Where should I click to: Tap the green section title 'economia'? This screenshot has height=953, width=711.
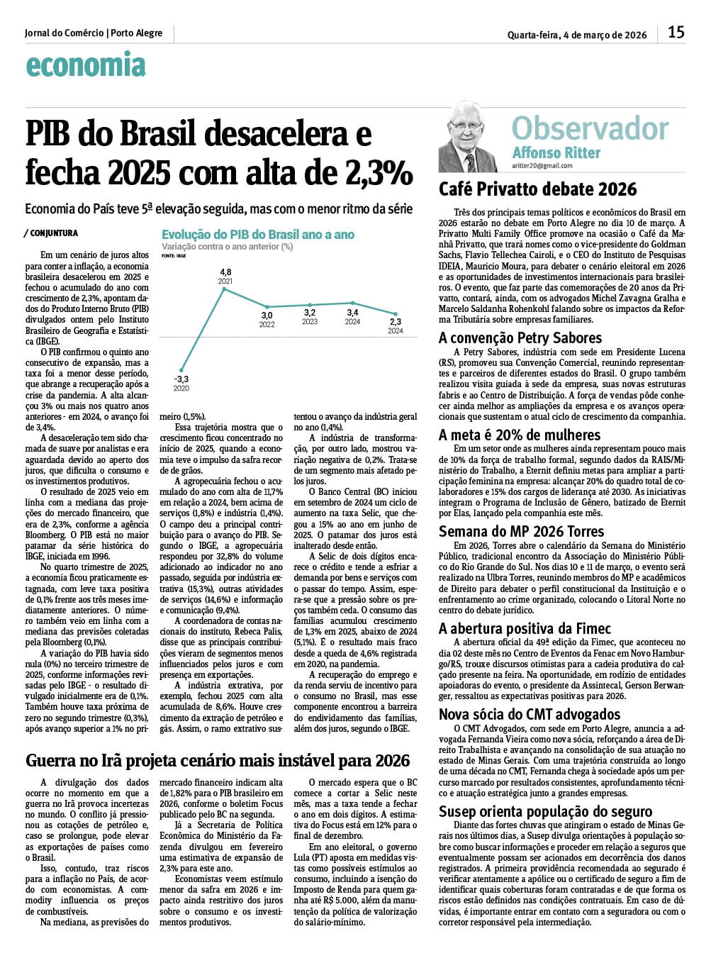click(x=85, y=65)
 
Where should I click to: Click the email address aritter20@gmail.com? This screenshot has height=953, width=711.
click(x=542, y=166)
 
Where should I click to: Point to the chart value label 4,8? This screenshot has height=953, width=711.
click(x=225, y=272)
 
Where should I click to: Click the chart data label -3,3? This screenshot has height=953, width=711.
click(x=181, y=379)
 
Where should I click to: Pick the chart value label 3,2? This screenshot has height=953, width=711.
click(x=310, y=312)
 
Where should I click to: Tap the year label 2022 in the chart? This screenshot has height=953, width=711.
click(x=267, y=325)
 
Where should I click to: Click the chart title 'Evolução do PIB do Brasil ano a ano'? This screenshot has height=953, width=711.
click(x=258, y=235)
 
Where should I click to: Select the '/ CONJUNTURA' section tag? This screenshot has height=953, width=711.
click(x=51, y=233)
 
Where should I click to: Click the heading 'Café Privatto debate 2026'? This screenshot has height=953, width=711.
click(x=537, y=190)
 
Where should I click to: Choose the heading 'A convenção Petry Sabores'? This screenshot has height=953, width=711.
click(x=520, y=338)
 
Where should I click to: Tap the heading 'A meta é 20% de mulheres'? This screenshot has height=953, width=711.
click(x=519, y=435)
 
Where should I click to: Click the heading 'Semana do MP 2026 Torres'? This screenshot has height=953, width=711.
click(x=521, y=531)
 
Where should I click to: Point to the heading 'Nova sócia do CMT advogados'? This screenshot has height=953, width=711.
click(x=529, y=714)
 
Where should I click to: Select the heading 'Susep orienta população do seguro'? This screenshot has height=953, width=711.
click(x=545, y=811)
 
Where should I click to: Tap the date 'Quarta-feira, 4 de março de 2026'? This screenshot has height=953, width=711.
click(x=577, y=35)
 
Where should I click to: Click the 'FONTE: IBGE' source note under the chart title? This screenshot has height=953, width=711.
click(x=174, y=255)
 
